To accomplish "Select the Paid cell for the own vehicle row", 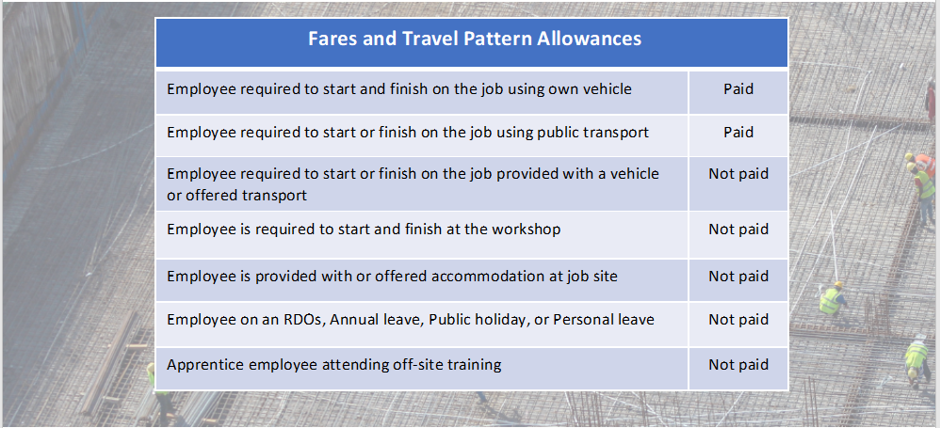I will point(738,89).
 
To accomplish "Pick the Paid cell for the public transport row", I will point(738,133).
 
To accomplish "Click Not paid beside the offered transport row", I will point(738,174).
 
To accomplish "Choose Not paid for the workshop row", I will point(738,230).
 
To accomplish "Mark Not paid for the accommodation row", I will point(738,277).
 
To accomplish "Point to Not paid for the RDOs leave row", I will point(738,320).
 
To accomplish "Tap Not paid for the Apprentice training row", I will point(738,365).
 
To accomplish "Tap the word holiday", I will point(500,320).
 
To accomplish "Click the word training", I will point(473,365).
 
